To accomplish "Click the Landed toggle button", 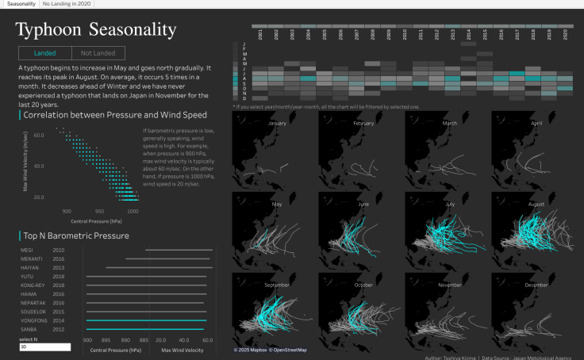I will tap(44, 53).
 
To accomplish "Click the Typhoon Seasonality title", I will tap(96, 30).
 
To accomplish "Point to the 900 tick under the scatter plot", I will tap(67, 212).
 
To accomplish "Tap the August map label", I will tap(536, 204).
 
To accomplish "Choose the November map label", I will tap(450, 284).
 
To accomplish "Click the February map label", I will tap(363, 124).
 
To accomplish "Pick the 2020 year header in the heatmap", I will tap(566, 34).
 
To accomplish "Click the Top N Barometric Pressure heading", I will tap(76, 236).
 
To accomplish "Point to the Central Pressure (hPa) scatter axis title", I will tap(99, 221).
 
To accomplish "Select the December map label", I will tap(536, 284).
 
